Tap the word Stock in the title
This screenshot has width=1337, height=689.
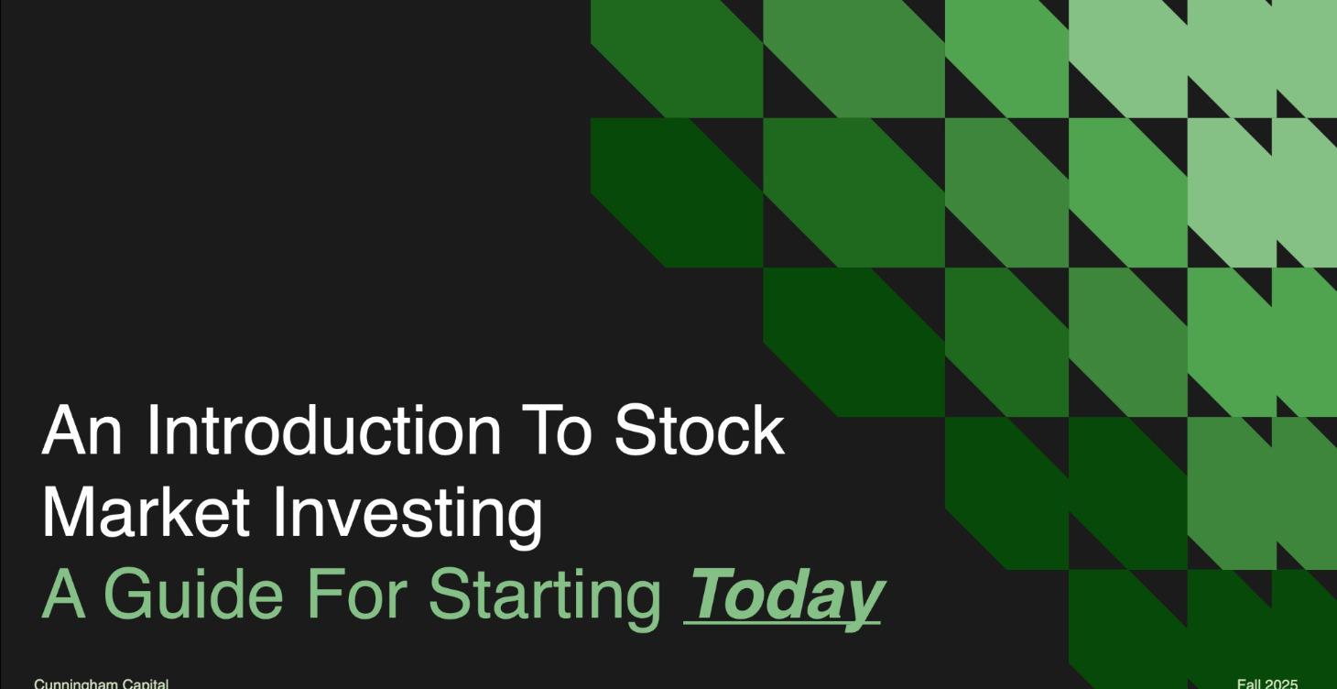click(x=699, y=431)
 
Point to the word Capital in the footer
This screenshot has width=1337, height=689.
click(x=141, y=684)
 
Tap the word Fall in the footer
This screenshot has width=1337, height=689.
click(x=1249, y=684)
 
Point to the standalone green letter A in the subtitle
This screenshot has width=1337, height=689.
click(x=61, y=594)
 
